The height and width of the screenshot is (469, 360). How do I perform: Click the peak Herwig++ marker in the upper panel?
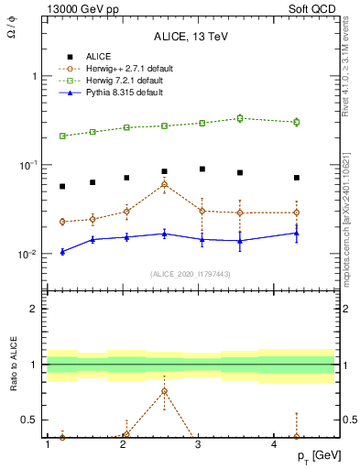tap(164, 184)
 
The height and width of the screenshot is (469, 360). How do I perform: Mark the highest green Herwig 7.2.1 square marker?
tap(240, 118)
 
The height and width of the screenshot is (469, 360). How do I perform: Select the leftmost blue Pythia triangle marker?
tap(62, 251)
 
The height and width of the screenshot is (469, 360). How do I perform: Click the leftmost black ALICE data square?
tap(62, 186)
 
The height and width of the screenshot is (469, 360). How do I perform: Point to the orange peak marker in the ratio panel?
tap(164, 391)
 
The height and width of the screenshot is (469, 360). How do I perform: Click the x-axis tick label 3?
tap(199, 444)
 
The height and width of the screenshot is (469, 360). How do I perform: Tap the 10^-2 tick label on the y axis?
tap(27, 254)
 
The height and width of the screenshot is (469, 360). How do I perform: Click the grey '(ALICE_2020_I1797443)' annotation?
tap(189, 274)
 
